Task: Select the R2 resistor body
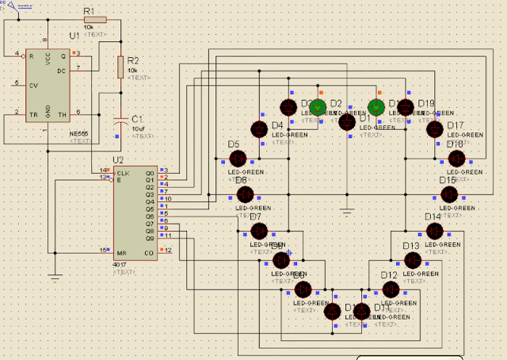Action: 120,67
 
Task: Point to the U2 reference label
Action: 119,159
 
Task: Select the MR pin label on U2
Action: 120,251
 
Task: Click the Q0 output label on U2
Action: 149,171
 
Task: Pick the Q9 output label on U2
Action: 149,236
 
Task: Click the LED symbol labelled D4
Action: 259,129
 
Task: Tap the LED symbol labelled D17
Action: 434,129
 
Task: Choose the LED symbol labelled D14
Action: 433,231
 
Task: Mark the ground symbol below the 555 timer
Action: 54,276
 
